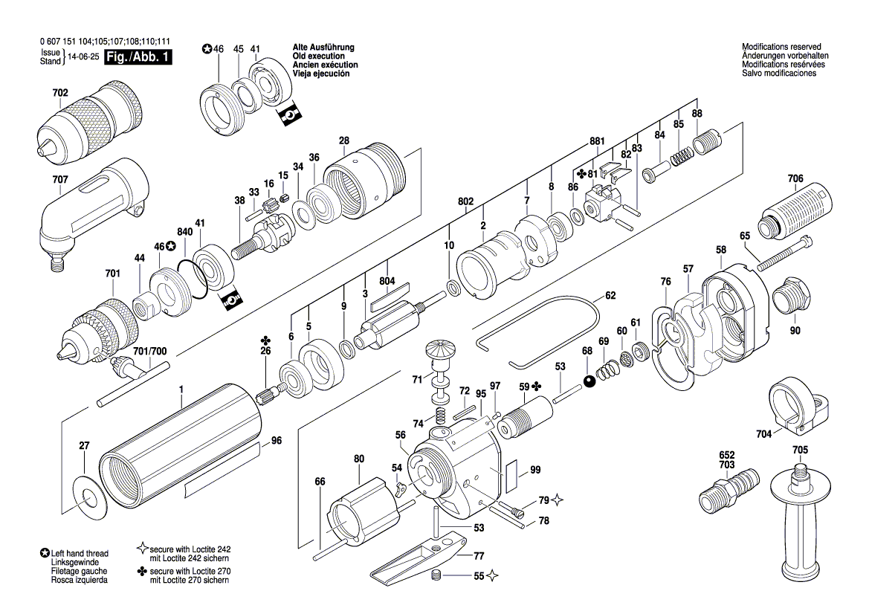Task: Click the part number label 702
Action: click(x=60, y=94)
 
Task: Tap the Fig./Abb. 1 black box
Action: click(x=138, y=57)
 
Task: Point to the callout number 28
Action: click(x=343, y=140)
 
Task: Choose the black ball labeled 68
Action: click(x=589, y=381)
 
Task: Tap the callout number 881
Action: click(x=597, y=140)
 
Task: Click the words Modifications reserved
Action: click(x=781, y=47)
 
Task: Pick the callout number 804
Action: click(x=387, y=281)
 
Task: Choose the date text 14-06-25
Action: click(x=83, y=57)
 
